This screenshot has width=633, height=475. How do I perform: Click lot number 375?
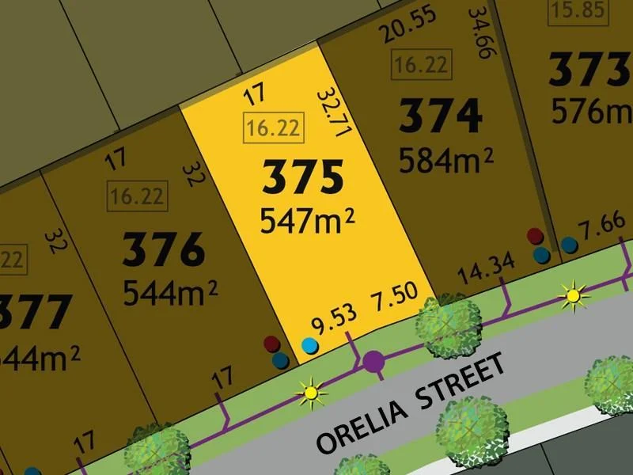tap(303, 178)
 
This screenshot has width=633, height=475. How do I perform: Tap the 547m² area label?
tap(306, 221)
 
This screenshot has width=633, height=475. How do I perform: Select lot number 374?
tap(441, 116)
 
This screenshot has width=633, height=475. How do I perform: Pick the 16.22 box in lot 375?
tap(273, 127)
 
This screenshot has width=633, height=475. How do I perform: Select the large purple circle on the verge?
tap(374, 363)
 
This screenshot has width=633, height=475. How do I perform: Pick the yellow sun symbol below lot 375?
tap(311, 391)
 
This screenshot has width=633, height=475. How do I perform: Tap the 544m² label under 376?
tap(169, 294)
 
